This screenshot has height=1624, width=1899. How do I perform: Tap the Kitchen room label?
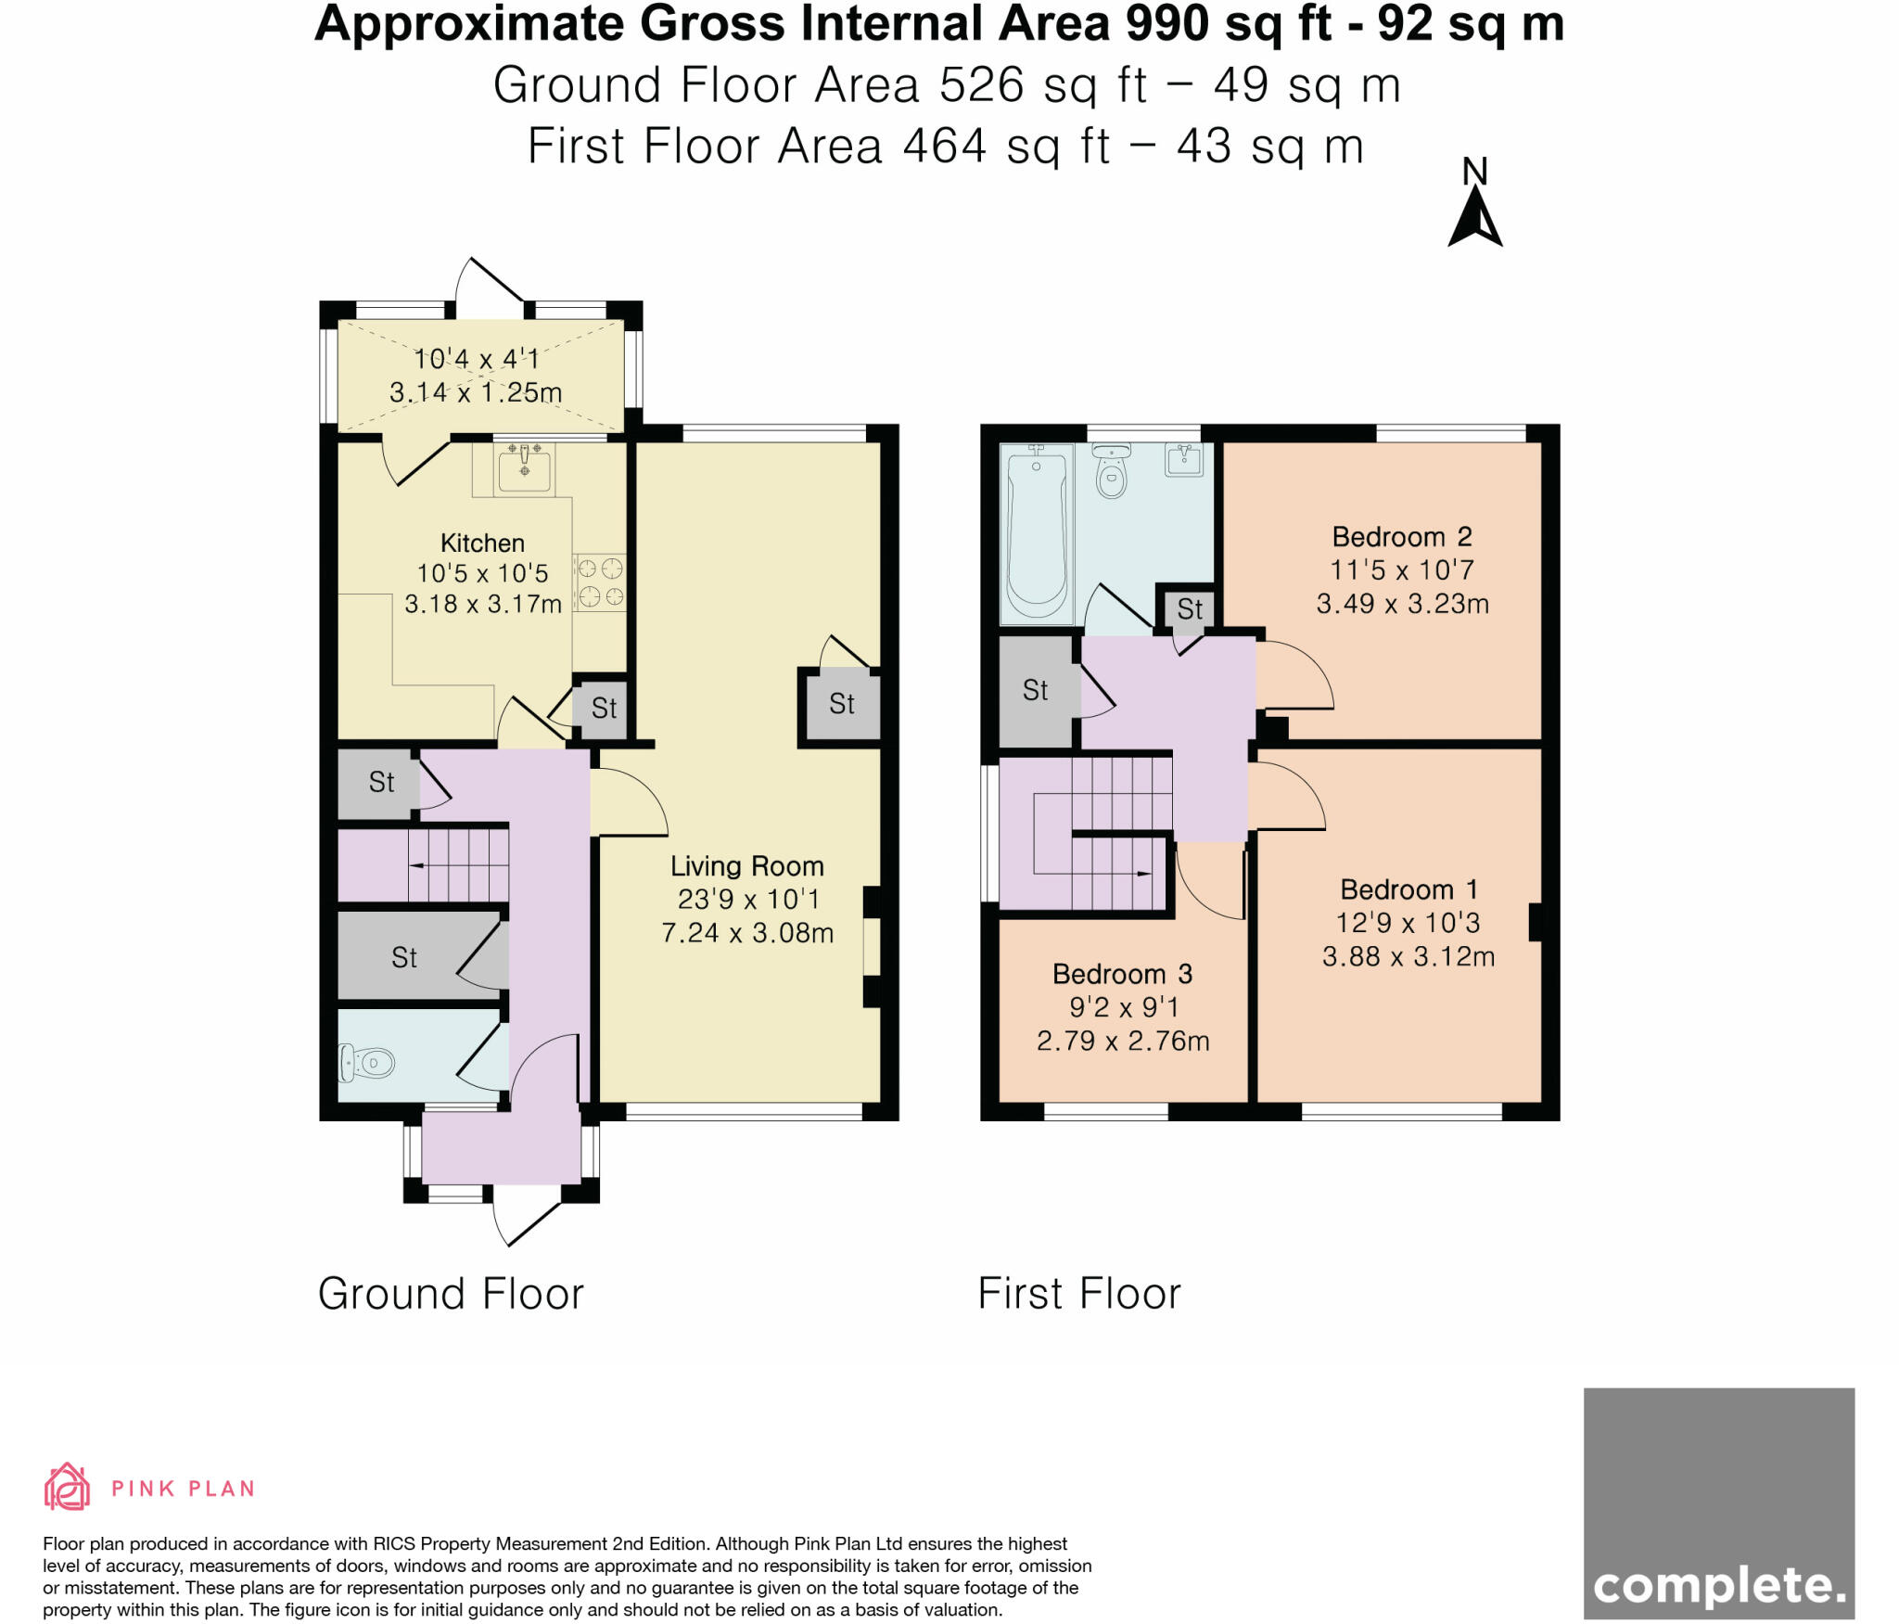click(x=482, y=543)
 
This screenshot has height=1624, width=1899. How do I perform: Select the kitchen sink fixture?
click(x=525, y=467)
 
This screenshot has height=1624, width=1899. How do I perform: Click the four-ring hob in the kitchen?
click(x=600, y=582)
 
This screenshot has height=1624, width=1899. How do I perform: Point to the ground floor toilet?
click(x=367, y=1063)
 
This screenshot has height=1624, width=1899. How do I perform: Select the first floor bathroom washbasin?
click(x=1183, y=460)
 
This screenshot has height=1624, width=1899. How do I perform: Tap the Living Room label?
click(x=746, y=866)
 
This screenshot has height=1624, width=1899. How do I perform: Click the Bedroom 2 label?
click(x=1401, y=537)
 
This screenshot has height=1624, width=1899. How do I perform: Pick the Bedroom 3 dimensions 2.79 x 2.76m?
click(x=1122, y=1041)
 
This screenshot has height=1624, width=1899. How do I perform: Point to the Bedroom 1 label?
click(x=1408, y=889)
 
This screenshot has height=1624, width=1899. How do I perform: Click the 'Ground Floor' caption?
click(x=451, y=1294)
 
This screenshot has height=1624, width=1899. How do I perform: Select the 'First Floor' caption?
click(x=1079, y=1294)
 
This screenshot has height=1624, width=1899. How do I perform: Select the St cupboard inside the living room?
click(x=841, y=704)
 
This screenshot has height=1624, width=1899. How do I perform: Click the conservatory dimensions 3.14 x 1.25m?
click(x=476, y=392)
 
